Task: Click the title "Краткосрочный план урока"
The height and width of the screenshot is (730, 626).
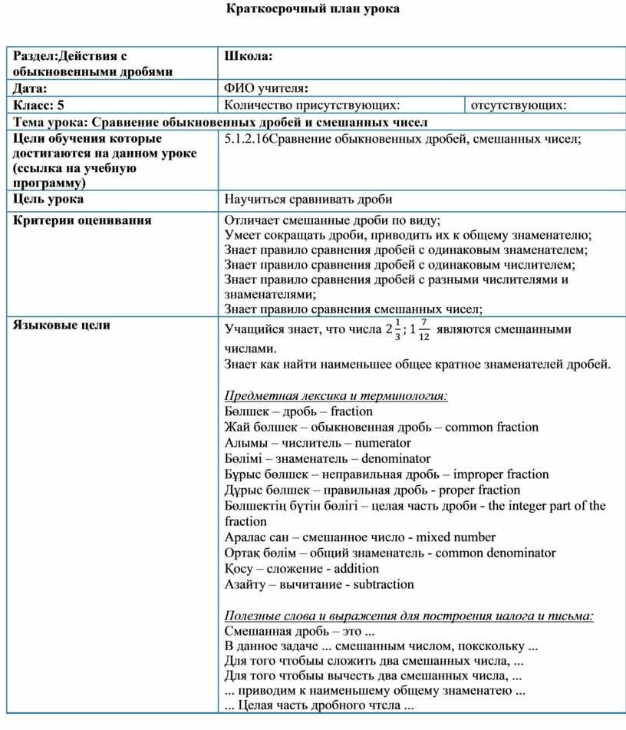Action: click(x=314, y=10)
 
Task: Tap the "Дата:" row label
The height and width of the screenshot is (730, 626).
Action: click(x=30, y=89)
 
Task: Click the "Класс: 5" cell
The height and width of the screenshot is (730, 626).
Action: click(x=38, y=105)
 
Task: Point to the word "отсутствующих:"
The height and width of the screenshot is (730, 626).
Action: click(x=519, y=105)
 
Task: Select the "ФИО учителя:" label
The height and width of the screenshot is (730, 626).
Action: click(x=266, y=89)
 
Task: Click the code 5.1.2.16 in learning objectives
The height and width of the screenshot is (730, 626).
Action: click(x=247, y=139)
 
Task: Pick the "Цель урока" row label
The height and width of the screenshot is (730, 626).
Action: click(x=48, y=200)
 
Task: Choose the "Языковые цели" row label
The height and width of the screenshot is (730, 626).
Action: click(x=61, y=325)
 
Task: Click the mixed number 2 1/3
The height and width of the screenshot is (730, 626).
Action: click(x=392, y=330)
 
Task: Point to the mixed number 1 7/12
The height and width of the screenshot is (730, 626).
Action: click(x=419, y=330)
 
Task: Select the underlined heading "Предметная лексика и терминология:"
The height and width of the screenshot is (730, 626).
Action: click(x=336, y=396)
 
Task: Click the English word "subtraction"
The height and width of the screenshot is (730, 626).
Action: click(x=383, y=584)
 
